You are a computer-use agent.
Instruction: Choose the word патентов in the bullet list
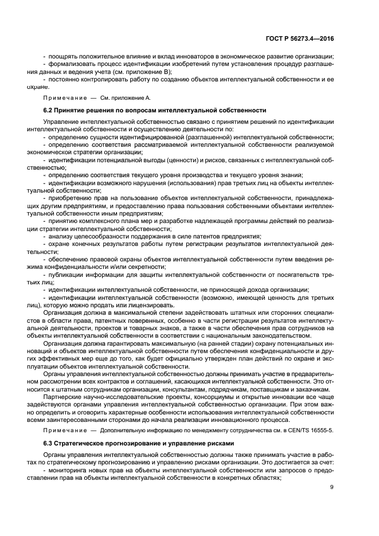[214, 236]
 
